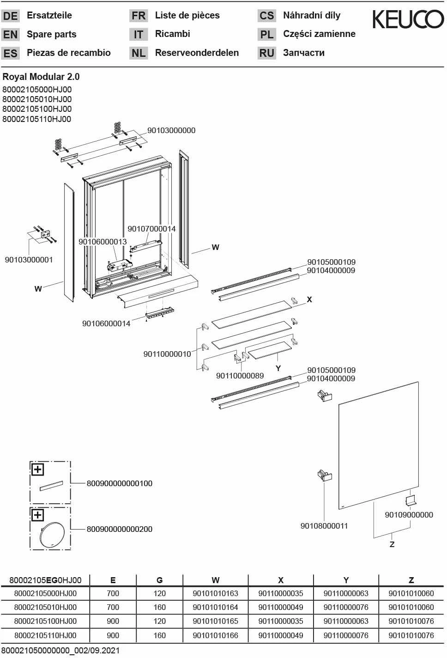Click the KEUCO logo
pos(408,19)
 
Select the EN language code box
pos(10,35)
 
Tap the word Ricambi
pos(172,34)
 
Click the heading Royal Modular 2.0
pos(41,77)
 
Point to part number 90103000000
pos(171,130)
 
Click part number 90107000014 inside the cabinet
pos(151,229)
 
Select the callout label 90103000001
pos(29,260)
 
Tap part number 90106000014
pos(106,323)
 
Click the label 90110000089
pos(240,376)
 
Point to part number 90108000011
pos(324,526)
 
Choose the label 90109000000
pos(409,515)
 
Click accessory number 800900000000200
pos(119,529)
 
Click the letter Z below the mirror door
pos(392,544)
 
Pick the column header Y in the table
pos(346,580)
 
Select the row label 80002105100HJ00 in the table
pos(45,621)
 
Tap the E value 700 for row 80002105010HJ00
pos(113,607)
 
